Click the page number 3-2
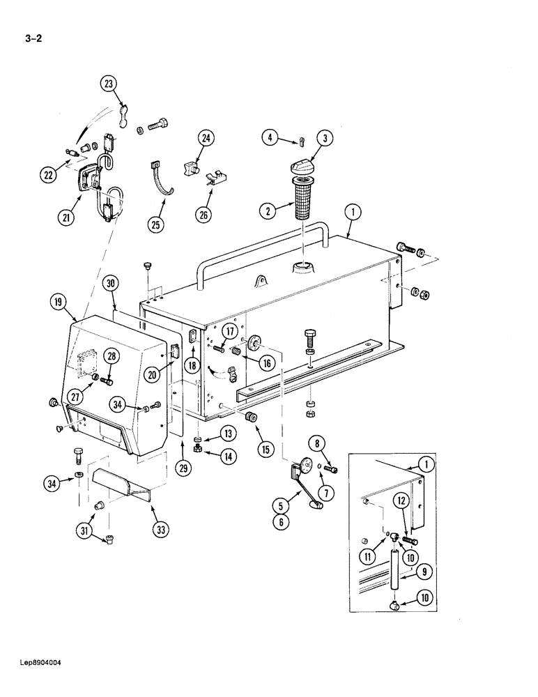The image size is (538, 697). click(x=33, y=39)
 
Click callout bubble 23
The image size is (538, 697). click(x=109, y=84)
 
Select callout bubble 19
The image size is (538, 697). click(x=59, y=302)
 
